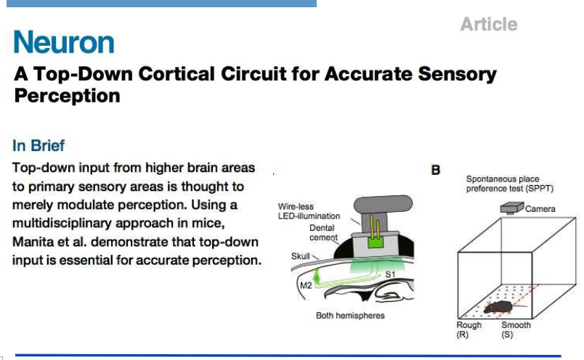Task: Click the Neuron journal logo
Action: (x=64, y=43)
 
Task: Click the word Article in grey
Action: (x=489, y=25)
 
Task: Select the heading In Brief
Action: (x=38, y=145)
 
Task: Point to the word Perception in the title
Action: (x=67, y=95)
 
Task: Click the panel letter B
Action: (x=436, y=171)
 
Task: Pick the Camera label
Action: (x=540, y=209)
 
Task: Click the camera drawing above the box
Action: (x=512, y=208)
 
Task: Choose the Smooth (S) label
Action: (x=516, y=330)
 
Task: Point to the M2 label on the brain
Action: (x=306, y=287)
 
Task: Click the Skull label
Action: (x=300, y=256)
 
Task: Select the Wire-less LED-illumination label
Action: (x=309, y=211)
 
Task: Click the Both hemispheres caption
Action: (x=350, y=316)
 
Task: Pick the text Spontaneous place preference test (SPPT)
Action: (x=503, y=184)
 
